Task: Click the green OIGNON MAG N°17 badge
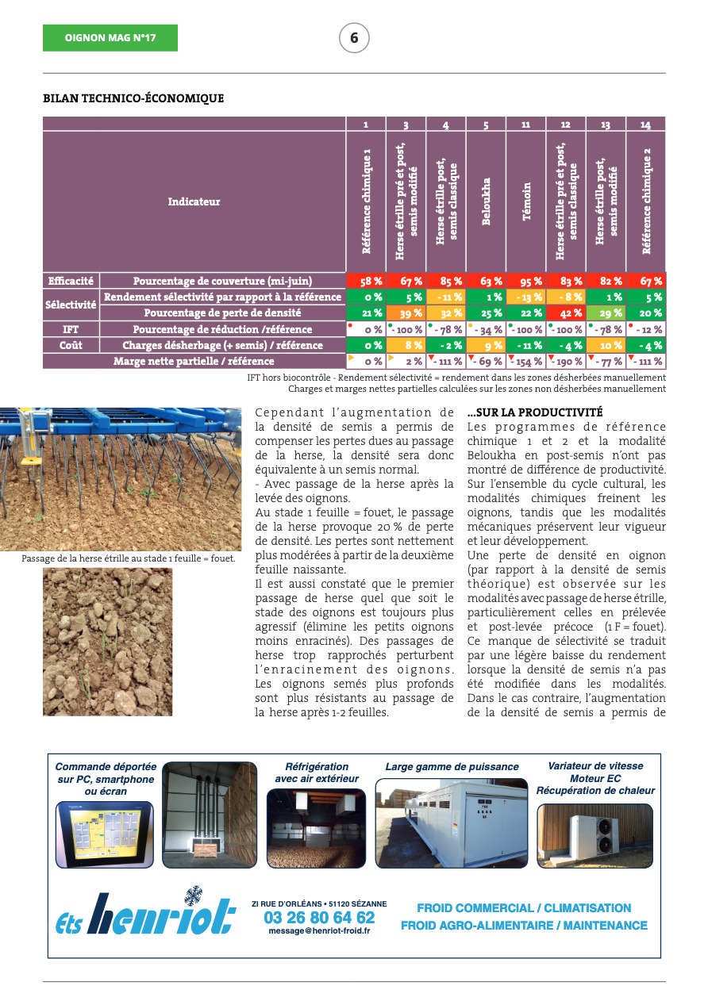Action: [110, 38]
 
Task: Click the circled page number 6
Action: [354, 38]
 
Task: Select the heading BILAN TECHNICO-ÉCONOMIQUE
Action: [133, 99]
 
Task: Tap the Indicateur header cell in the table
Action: [194, 202]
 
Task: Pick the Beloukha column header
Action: [486, 202]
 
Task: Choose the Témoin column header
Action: [525, 202]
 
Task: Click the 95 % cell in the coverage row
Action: [525, 281]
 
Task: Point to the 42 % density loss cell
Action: [566, 313]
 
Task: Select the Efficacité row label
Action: [71, 281]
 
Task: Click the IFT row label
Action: [71, 329]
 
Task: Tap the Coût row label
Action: [71, 346]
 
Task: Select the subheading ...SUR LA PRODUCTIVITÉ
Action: [535, 413]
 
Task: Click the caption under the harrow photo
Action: [129, 558]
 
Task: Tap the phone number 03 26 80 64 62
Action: [319, 918]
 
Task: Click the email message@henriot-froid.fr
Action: [319, 931]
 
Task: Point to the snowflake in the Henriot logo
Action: [192, 896]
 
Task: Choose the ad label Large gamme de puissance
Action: [452, 767]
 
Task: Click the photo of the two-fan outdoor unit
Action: [594, 835]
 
